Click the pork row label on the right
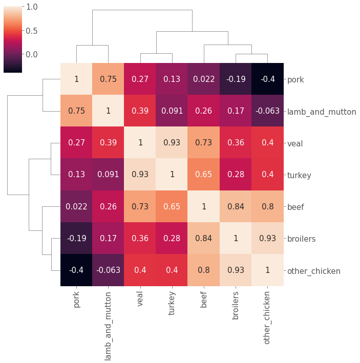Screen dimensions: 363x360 click(295, 79)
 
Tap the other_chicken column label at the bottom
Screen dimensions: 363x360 click(267, 318)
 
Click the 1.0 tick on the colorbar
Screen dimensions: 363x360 click(31, 7)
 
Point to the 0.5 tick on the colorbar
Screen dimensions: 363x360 click(31, 31)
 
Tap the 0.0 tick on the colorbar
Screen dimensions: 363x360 click(31, 54)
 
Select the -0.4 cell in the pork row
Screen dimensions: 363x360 click(267, 79)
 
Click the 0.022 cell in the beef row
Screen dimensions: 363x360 click(76, 207)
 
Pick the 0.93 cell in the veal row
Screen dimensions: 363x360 click(172, 143)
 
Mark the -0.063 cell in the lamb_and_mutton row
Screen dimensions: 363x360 click(267, 111)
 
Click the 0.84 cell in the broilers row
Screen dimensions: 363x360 click(204, 239)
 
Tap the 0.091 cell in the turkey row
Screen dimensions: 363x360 click(108, 175)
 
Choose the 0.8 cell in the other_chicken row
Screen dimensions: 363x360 click(204, 270)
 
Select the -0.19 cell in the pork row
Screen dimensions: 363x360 click(236, 79)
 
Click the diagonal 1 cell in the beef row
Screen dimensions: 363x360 click(204, 207)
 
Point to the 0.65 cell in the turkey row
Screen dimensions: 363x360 click(204, 175)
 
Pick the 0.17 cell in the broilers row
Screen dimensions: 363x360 click(108, 239)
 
